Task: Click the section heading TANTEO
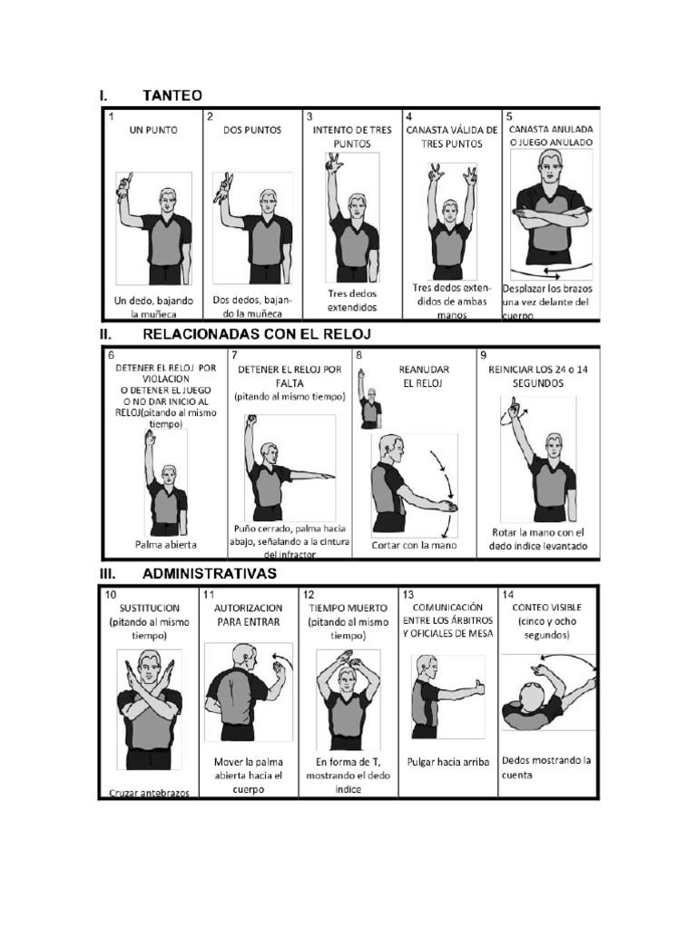[x=172, y=94]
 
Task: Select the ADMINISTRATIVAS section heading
[x=210, y=573]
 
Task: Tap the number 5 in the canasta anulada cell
[x=509, y=117]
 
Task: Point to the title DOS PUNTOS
[x=252, y=130]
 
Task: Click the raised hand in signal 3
[x=333, y=163]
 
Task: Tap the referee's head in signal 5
[x=550, y=165]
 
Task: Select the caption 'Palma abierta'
[x=166, y=545]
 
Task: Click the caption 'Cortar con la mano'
[x=413, y=546]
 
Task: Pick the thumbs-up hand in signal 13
[x=477, y=688]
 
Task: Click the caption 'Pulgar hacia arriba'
[x=447, y=763]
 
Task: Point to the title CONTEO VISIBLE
[x=547, y=607]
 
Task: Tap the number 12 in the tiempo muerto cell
[x=309, y=595]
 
